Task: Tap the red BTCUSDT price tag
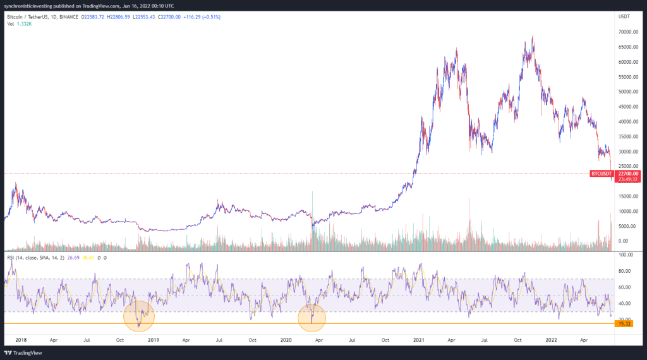coord(601,173)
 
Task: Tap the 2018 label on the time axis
coord(20,339)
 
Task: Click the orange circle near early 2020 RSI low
coord(311,318)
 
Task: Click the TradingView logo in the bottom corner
coord(23,352)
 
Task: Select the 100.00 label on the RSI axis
coord(626,255)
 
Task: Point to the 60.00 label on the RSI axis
coord(626,287)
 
